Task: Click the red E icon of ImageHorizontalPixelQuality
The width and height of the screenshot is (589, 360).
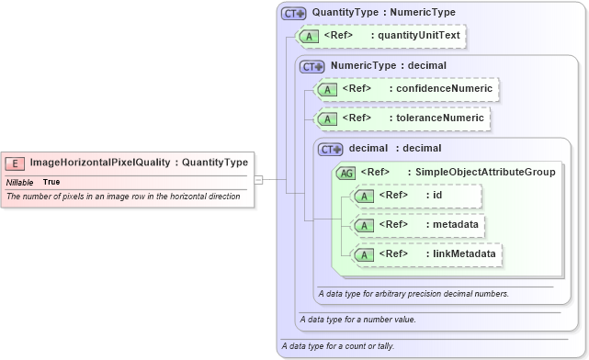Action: (16, 163)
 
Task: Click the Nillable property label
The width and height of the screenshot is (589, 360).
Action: (19, 182)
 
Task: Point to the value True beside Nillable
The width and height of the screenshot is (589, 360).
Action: (51, 182)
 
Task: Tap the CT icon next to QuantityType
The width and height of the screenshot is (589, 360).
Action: (294, 13)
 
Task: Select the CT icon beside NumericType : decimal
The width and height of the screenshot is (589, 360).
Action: (312, 66)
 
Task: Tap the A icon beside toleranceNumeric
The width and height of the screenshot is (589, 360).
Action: (326, 118)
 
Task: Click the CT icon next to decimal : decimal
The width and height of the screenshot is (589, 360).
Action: (330, 149)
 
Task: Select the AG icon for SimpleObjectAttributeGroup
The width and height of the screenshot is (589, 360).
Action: (346, 172)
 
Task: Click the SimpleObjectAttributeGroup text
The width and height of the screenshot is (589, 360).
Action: (486, 172)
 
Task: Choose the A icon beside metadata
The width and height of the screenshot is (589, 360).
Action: (364, 224)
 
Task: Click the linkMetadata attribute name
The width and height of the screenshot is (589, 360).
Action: (465, 253)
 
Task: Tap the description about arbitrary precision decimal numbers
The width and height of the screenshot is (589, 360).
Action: (413, 294)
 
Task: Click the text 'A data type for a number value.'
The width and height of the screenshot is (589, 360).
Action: (358, 320)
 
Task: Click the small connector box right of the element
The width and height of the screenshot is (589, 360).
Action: (259, 179)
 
